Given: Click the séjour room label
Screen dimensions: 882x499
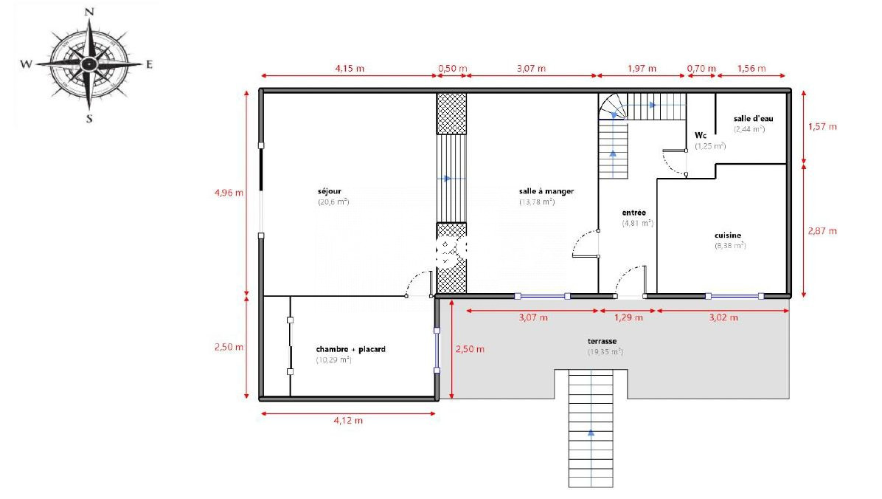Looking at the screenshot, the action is [329, 191].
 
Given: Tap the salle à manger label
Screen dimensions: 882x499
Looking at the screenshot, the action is [546, 191].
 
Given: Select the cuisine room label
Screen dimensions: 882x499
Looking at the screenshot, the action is [728, 235].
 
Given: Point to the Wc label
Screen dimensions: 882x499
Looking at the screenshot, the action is [701, 136].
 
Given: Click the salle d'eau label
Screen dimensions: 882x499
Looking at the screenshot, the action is [753, 119].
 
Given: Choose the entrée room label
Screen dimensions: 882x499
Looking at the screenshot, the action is [634, 213].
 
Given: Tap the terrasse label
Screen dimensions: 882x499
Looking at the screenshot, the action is [602, 341].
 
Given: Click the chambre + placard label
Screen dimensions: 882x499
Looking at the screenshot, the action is [350, 349].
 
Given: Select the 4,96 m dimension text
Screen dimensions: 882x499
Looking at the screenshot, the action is [229, 193].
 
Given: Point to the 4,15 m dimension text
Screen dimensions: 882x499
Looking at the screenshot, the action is [350, 69].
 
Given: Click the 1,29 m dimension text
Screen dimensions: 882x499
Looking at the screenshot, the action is [628, 317].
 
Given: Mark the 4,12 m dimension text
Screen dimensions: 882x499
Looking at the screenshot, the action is [348, 420].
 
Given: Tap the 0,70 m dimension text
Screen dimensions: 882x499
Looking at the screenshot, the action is [701, 69].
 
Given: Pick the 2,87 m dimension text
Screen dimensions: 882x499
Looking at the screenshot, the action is [822, 231].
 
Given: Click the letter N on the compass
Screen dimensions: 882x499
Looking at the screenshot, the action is [89, 12].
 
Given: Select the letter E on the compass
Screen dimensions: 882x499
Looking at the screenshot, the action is [149, 64].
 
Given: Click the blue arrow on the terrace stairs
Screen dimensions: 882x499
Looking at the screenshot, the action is [591, 433].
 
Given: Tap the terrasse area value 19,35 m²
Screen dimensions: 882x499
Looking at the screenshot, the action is [605, 352].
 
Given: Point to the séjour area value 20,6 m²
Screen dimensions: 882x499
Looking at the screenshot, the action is [333, 202].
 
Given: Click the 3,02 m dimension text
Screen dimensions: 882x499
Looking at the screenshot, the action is [723, 317].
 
